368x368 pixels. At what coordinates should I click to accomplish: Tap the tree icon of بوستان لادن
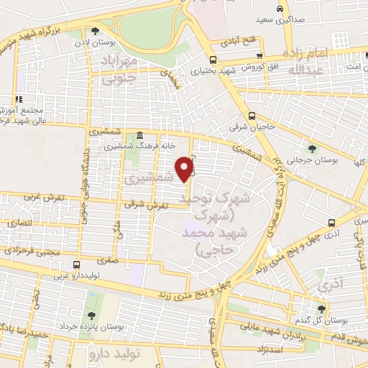coord(95,30)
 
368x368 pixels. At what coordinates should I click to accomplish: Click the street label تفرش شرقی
coord(151,206)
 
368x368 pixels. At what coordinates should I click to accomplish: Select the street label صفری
coord(109,260)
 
